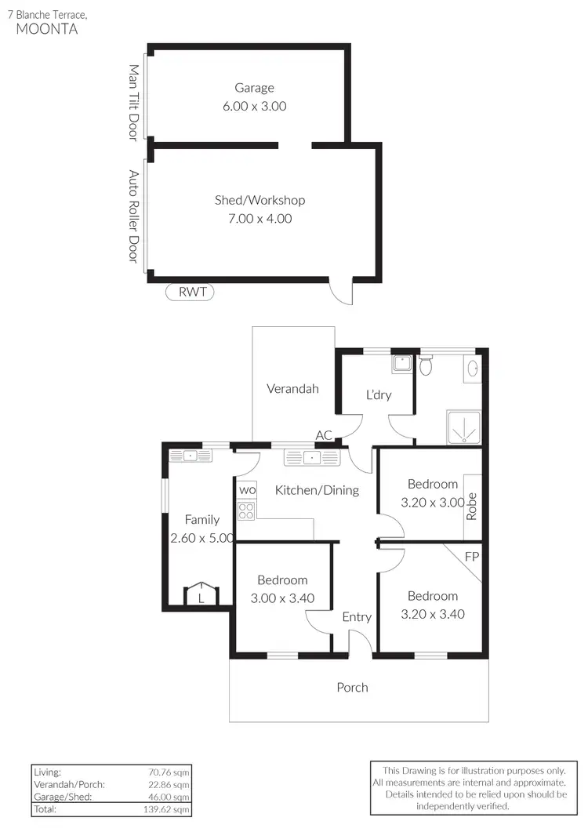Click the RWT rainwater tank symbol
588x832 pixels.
[190, 292]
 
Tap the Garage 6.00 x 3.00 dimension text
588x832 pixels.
[255, 106]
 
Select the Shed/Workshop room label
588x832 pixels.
[260, 201]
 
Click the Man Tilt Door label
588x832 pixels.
[133, 103]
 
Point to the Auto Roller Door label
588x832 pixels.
[133, 216]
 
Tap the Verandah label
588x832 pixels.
[292, 388]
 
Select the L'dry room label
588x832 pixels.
[378, 394]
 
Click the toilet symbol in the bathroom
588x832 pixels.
[426, 365]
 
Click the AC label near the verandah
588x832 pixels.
[324, 435]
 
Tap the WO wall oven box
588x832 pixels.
[247, 490]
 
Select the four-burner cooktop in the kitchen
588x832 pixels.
[246, 511]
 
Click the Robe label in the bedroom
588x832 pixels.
[472, 507]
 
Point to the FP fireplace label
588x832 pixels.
[471, 557]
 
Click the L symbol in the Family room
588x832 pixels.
[201, 597]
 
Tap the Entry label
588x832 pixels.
[357, 617]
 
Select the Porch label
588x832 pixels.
[352, 688]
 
